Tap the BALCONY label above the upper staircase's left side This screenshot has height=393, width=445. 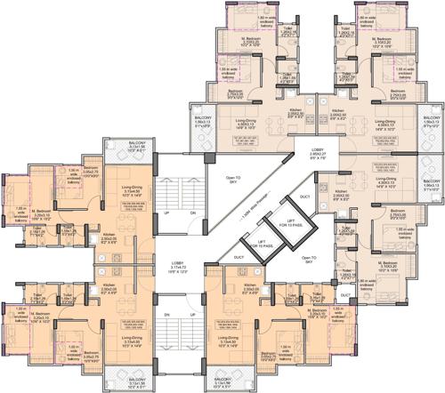(136, 146)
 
